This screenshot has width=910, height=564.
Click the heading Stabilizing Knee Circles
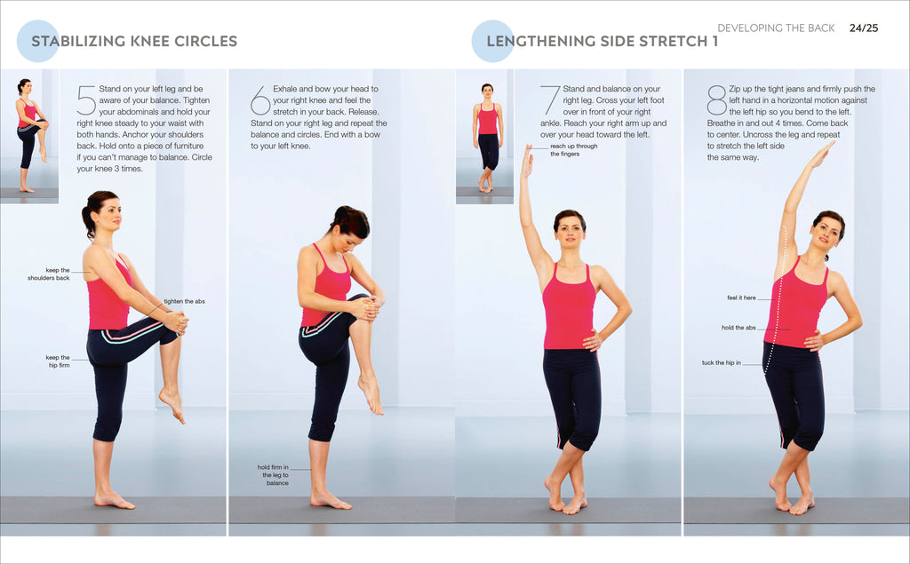pyautogui.click(x=134, y=41)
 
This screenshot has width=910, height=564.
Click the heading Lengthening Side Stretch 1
pyautogui.click(x=602, y=41)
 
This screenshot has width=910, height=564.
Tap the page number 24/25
pyautogui.click(x=863, y=28)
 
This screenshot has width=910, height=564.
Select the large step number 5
pyautogui.click(x=86, y=100)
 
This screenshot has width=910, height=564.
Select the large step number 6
pyautogui.click(x=260, y=100)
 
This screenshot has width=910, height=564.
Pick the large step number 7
pyautogui.click(x=550, y=100)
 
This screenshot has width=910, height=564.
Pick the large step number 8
pyautogui.click(x=716, y=100)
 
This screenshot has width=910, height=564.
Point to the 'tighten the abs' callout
pyautogui.click(x=184, y=301)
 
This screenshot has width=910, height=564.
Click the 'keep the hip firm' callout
pyautogui.click(x=57, y=361)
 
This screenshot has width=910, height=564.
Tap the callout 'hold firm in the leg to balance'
pyautogui.click(x=274, y=474)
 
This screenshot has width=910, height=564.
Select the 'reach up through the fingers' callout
pyautogui.click(x=573, y=149)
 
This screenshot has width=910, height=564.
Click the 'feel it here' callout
pyautogui.click(x=741, y=298)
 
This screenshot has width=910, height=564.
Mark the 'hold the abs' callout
pyautogui.click(x=738, y=328)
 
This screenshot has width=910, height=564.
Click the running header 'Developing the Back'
pyautogui.click(x=776, y=28)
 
